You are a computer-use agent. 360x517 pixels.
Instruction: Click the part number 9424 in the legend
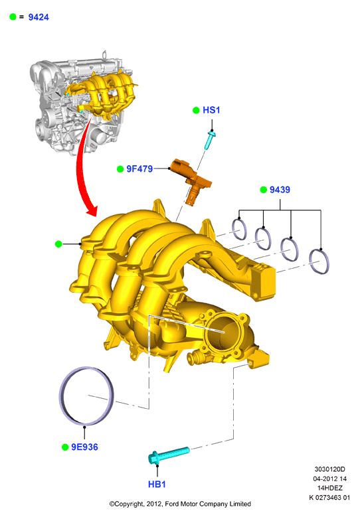pyautogui.click(x=39, y=17)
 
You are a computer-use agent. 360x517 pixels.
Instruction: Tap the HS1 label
pyautogui.click(x=211, y=110)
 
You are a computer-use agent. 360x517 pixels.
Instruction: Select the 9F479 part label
pyautogui.click(x=139, y=169)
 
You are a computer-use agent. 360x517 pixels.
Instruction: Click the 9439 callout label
pyautogui.click(x=280, y=190)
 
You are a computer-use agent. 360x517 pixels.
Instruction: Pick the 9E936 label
pyautogui.click(x=85, y=447)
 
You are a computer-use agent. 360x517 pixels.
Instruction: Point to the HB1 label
pyautogui.click(x=157, y=484)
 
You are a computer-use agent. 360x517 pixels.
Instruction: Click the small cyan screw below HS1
pyautogui.click(x=210, y=140)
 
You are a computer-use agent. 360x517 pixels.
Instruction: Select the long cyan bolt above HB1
pyautogui.click(x=169, y=455)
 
